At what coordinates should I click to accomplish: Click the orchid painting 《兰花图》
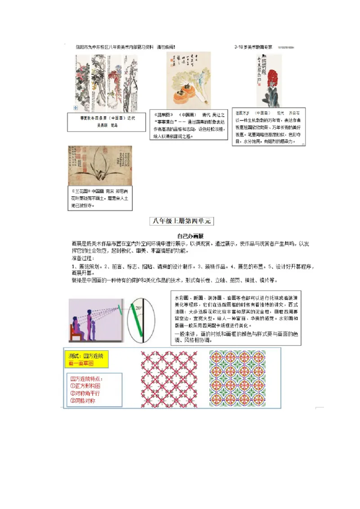pyautogui.click(x=100, y=165)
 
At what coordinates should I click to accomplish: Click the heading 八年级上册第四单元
pyautogui.click(x=182, y=221)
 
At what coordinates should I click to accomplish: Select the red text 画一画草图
pyautogui.click(x=81, y=363)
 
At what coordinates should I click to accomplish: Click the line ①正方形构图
pyautogui.click(x=85, y=386)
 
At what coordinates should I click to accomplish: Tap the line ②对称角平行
pyautogui.click(x=85, y=393)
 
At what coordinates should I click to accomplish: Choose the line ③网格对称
pyautogui.click(x=83, y=401)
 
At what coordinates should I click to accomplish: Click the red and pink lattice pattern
pyautogui.click(x=169, y=379)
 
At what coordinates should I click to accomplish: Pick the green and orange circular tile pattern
pyautogui.click(x=237, y=379)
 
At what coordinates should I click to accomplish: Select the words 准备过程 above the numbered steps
pyautogui.click(x=82, y=259)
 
